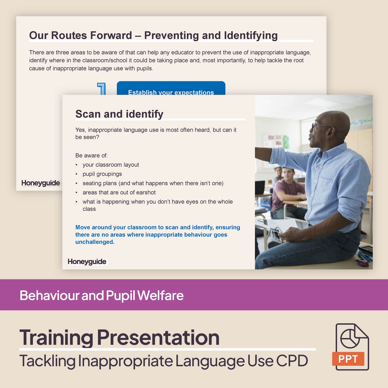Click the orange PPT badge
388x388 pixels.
[348, 359]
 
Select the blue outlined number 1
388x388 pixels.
[102, 89]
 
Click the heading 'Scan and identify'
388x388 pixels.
[119, 114]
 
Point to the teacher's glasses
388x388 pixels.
[320, 126]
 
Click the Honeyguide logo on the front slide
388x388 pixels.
[87, 262]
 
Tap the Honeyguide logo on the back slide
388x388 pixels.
[41, 183]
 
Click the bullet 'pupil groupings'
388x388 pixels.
[102, 174]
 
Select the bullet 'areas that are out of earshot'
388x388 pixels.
[119, 193]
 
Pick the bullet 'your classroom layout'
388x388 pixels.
[111, 165]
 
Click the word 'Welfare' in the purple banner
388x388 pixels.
[161, 295]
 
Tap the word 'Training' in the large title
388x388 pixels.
[56, 338]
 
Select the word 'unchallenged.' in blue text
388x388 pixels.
[95, 242]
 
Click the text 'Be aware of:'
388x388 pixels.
[91, 155]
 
